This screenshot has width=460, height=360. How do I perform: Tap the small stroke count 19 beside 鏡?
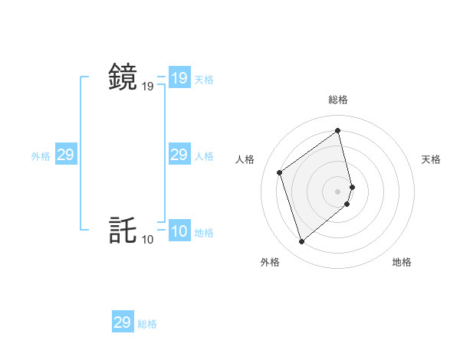(147, 87)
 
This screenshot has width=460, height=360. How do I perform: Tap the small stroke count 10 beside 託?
(147, 240)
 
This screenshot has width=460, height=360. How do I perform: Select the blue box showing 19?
(179, 78)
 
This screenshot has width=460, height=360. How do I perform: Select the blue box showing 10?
(179, 231)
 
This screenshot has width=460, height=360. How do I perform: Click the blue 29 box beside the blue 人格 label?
(179, 155)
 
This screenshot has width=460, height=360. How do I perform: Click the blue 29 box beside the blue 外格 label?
(65, 155)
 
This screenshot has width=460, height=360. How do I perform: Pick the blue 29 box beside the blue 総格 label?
(122, 322)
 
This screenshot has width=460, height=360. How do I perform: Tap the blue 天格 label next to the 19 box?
(204, 80)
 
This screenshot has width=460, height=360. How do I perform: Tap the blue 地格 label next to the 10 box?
(204, 233)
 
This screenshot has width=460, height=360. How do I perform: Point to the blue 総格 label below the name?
(147, 324)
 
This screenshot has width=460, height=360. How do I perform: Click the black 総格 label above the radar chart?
(338, 100)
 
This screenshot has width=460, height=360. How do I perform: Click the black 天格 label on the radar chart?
(432, 159)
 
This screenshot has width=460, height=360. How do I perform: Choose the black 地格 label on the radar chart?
(402, 262)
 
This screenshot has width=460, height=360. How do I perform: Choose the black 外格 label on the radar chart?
(270, 262)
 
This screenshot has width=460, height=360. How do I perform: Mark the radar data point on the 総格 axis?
(338, 131)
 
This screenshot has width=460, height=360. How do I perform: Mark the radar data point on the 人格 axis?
(280, 172)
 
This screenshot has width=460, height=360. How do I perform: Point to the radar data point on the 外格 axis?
(301, 242)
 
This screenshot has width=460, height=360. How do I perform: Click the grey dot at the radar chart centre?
(338, 191)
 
